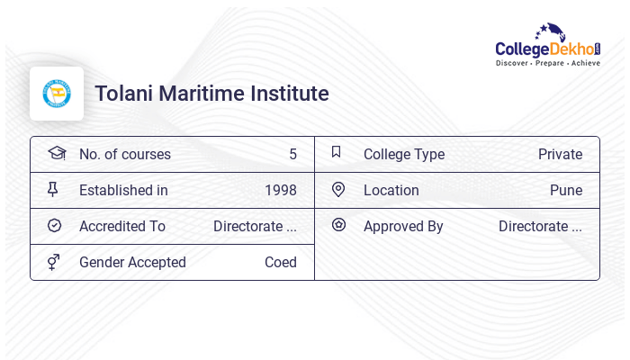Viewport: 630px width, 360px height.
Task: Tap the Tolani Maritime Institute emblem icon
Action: tap(57, 94)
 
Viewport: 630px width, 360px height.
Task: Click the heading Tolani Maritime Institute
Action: tap(211, 94)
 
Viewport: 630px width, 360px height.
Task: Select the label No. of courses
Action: tap(124, 154)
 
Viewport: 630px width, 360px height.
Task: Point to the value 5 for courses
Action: tap(292, 154)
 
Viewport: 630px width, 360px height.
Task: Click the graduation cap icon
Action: tap(56, 153)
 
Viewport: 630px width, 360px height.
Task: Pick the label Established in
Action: tap(123, 190)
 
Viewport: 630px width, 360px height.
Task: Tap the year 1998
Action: tap(280, 190)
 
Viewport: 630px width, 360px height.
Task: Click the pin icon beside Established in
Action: tap(53, 189)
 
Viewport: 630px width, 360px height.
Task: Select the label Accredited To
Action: tap(122, 226)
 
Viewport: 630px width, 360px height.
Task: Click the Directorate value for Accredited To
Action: tap(255, 226)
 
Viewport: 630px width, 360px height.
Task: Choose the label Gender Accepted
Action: tap(132, 262)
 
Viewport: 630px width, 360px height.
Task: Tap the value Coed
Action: tap(280, 262)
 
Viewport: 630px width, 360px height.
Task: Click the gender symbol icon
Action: tap(53, 261)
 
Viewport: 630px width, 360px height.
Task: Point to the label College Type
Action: tap(404, 154)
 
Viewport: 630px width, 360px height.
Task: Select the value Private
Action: tap(560, 154)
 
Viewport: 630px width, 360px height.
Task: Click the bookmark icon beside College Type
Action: tap(337, 152)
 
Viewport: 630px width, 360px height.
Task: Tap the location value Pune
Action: tap(566, 190)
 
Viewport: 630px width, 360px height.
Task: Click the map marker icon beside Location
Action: tap(338, 189)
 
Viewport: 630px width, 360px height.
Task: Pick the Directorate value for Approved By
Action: tap(540, 226)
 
